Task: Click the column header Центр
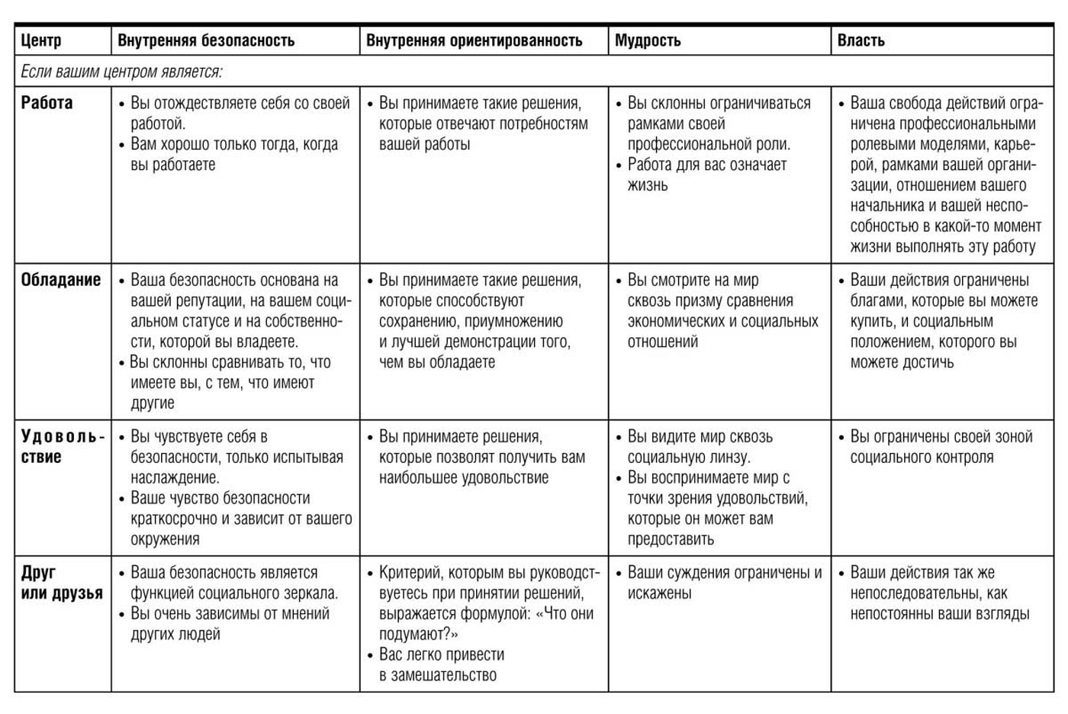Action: click(x=41, y=40)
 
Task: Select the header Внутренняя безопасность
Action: click(x=206, y=40)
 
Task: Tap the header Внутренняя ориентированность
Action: click(x=474, y=40)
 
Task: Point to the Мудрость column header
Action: click(x=648, y=40)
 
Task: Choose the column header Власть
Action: click(x=861, y=40)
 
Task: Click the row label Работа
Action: click(x=47, y=103)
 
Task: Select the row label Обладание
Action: click(x=61, y=280)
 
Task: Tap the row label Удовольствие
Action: click(x=61, y=447)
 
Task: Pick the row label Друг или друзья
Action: click(x=61, y=583)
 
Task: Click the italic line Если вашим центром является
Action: click(x=121, y=72)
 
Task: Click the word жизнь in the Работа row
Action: click(x=648, y=185)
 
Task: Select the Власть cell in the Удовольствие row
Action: click(x=941, y=447)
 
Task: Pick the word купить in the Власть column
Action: click(x=872, y=321)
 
